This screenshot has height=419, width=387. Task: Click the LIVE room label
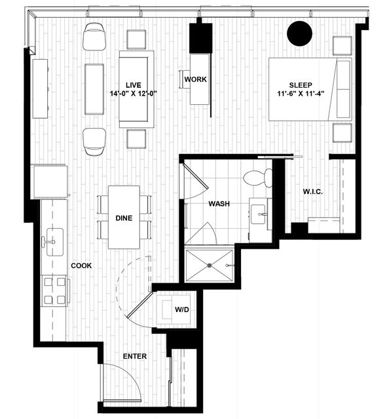click(134, 85)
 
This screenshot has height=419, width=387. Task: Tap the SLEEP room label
click(301, 85)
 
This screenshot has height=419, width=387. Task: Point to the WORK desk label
click(195, 79)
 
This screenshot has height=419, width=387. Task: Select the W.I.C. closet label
click(313, 191)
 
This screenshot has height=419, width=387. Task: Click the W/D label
click(182, 309)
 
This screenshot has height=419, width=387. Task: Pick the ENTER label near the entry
click(135, 356)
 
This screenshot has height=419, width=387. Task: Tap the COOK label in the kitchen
click(81, 266)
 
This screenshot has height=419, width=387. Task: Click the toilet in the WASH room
click(257, 178)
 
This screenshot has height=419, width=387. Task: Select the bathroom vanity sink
click(258, 214)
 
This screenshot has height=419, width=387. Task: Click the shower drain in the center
click(210, 266)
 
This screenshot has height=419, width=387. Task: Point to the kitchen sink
click(55, 242)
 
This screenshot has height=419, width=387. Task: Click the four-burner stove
click(54, 290)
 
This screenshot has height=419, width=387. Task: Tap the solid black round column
click(299, 33)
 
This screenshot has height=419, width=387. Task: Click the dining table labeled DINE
click(124, 217)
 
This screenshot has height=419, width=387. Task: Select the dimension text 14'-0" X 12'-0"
click(134, 94)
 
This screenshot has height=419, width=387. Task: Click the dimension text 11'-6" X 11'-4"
click(301, 94)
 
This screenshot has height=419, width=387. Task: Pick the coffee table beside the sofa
click(94, 89)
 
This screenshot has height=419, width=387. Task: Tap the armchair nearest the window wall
click(94, 36)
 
